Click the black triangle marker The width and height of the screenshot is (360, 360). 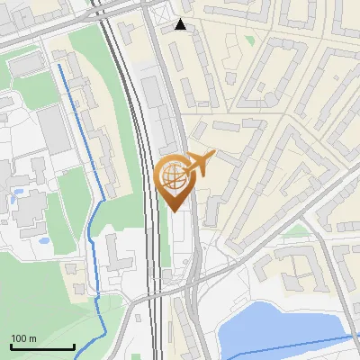pos(182,24)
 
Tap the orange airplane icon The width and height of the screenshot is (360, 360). pos(200,163)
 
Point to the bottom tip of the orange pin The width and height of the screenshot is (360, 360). pos(173,211)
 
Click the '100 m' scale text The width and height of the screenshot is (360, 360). pos(24,338)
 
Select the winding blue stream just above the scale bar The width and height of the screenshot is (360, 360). pos(95,297)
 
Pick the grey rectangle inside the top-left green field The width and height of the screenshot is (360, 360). pos(25,65)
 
